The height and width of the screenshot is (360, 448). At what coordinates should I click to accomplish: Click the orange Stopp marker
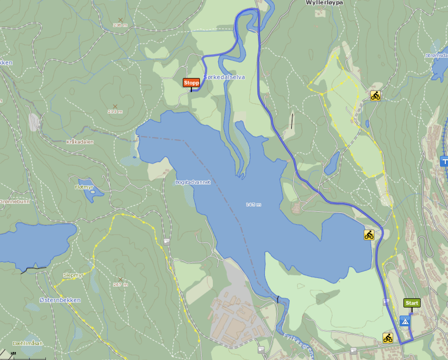[x=191, y=83]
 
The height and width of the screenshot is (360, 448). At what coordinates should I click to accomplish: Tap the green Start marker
[x=412, y=303]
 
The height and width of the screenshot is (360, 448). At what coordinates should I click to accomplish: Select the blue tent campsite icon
[x=405, y=321]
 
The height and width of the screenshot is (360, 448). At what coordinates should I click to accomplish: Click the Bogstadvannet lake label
[x=193, y=182]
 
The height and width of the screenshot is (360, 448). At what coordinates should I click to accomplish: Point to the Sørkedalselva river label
[x=224, y=77]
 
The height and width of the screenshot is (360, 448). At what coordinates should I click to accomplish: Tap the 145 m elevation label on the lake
[x=253, y=205]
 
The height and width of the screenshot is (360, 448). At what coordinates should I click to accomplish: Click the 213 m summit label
[x=115, y=112]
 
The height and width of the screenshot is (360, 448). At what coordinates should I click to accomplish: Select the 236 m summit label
[x=120, y=25]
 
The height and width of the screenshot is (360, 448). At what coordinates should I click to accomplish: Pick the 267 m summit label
[x=120, y=285]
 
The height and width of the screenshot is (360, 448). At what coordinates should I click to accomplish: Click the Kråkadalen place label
[x=80, y=142]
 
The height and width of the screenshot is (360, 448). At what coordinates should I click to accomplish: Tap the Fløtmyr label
[x=84, y=187]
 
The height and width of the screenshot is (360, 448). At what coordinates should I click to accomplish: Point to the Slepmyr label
[x=73, y=275]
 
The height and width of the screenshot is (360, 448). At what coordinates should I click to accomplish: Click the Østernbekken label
[x=60, y=300]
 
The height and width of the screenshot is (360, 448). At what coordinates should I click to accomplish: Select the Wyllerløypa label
[x=324, y=3]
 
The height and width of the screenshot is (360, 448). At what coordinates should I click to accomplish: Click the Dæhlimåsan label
[x=28, y=343]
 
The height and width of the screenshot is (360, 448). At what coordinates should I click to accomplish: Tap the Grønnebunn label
[x=15, y=201]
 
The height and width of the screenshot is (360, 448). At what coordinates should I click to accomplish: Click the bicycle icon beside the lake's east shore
[x=369, y=235]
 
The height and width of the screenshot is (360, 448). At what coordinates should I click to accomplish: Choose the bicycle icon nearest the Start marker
[x=388, y=338]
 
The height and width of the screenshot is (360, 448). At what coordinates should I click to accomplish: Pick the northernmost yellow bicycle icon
[x=375, y=96]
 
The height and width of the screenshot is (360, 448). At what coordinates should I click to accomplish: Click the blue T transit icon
[x=444, y=161]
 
